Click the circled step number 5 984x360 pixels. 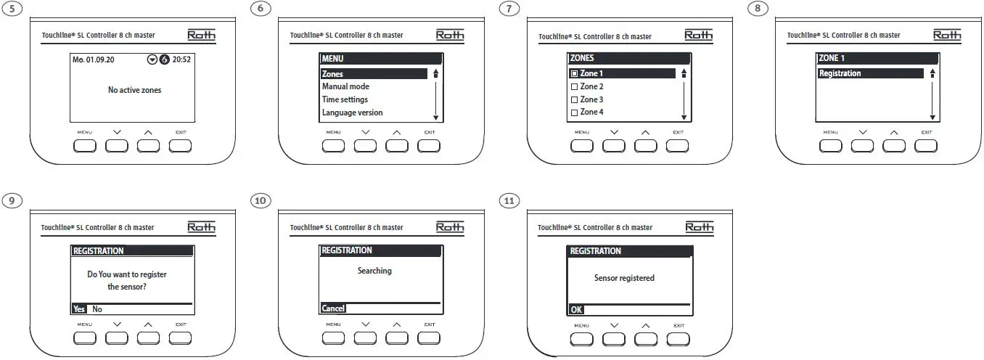12,9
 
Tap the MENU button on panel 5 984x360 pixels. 85,146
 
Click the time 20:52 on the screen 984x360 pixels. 181,60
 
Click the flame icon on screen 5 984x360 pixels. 164,60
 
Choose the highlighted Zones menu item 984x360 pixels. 333,74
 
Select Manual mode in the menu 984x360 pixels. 345,86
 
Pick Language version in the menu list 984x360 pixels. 352,112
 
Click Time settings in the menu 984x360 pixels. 345,99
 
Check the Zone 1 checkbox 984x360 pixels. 574,74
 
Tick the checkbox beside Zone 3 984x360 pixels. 574,99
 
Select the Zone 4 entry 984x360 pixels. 591,112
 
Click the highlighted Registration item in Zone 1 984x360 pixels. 840,73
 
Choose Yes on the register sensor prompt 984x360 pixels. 79,308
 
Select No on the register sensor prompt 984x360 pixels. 97,308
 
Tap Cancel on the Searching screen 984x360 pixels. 333,308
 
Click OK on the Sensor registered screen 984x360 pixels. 575,309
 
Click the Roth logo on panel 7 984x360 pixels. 699,35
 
